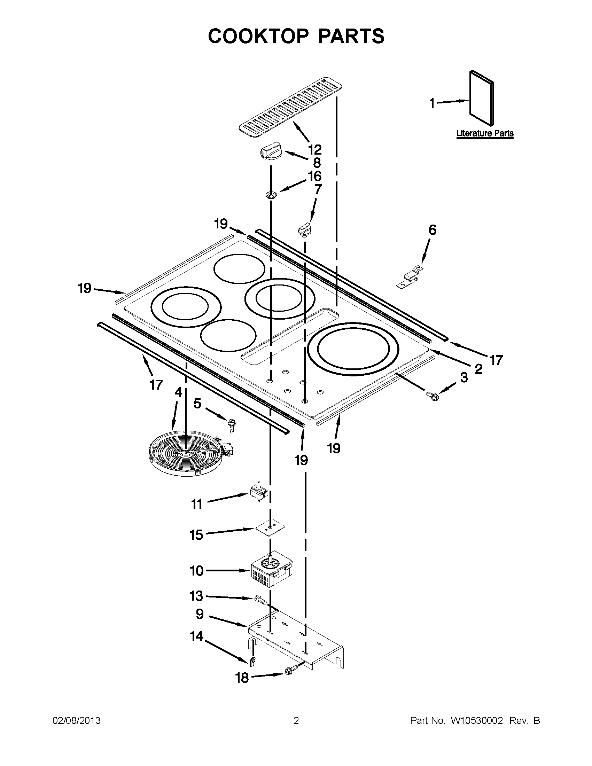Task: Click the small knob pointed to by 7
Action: tap(304, 228)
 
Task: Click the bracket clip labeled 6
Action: tap(409, 278)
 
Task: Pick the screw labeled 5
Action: tap(232, 425)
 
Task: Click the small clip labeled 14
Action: tap(252, 661)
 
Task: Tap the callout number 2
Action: tap(478, 369)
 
